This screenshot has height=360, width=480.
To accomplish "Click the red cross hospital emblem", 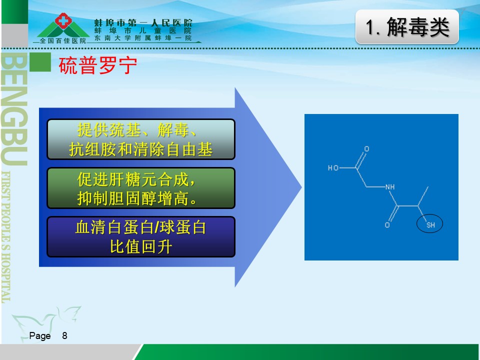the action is point(63,20).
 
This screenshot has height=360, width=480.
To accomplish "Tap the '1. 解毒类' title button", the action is point(407,26).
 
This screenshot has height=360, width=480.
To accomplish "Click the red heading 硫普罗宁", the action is point(97,65).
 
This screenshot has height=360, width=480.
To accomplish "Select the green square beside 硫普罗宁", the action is point(40,62).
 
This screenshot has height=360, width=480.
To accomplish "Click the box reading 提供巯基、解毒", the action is point(141,139).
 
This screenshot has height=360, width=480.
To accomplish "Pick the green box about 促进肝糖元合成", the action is point(141,188).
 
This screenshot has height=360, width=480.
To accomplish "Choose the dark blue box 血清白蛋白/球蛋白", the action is point(141,236).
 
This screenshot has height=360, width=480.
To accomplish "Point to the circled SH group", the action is point(430,223).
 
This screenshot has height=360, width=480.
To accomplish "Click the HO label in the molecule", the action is point(333,168).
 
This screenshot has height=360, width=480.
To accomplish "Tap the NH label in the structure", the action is point(390,186).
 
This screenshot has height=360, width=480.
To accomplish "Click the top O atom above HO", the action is point(366,149).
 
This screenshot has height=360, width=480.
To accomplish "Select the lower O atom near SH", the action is point(387,225).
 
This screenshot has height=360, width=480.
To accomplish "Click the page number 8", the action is point(64,335).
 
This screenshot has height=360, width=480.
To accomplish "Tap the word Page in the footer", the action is point(40,336).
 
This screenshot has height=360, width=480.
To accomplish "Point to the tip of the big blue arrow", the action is point(301,187).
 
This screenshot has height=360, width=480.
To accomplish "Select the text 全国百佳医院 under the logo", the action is point(63,40).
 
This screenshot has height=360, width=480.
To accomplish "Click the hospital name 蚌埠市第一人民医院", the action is point(143,22).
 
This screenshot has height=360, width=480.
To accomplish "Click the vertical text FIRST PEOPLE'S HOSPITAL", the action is point(6,237).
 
